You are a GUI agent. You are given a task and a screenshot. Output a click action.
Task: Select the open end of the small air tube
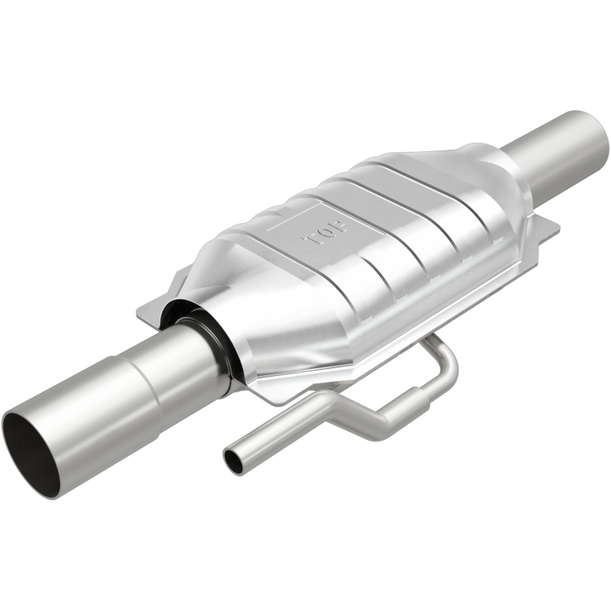pos(232,461)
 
